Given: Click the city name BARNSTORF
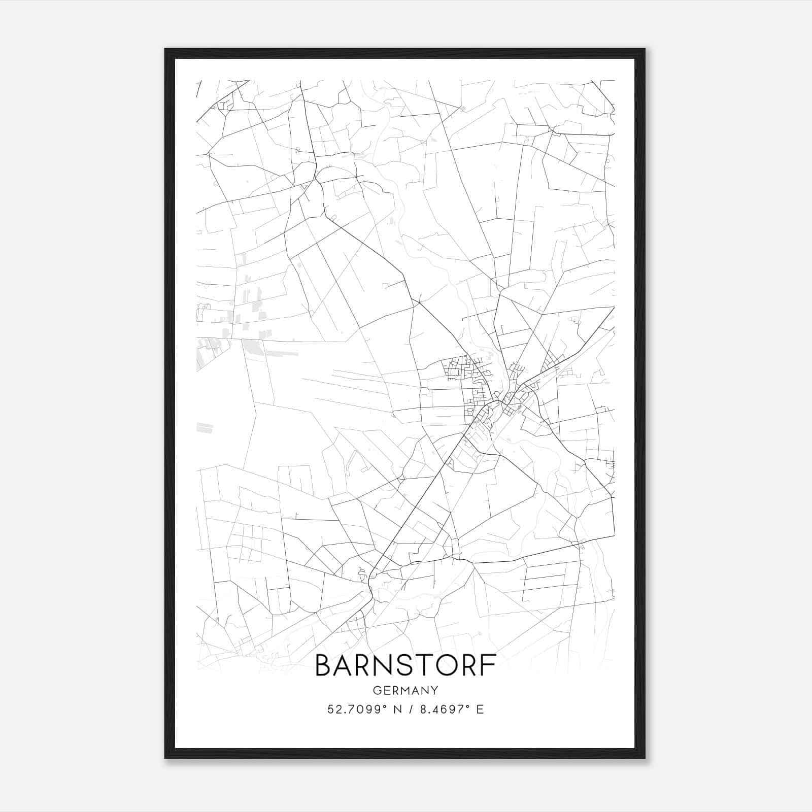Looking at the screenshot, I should (405, 665).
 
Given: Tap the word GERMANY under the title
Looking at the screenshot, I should (405, 690).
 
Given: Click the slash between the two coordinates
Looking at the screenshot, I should (409, 709).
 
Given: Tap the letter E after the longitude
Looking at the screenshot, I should (480, 709).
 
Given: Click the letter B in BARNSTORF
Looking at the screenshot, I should (323, 665).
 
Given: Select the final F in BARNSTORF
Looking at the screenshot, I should (488, 665).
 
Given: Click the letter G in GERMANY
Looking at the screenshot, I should (377, 690).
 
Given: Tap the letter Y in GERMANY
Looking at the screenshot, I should (434, 690).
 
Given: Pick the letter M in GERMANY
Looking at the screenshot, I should (405, 690).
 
